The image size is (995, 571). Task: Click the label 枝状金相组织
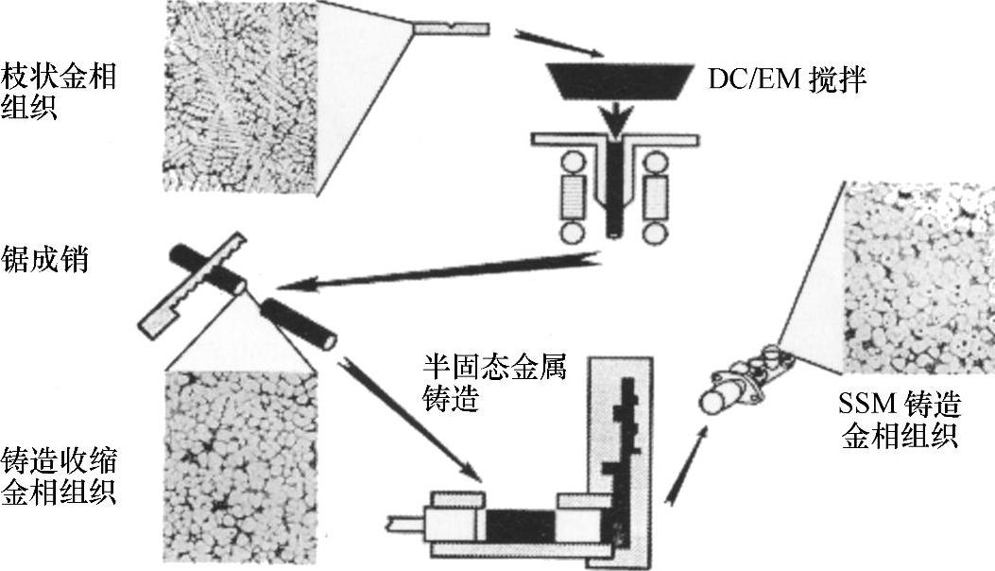pyautogui.click(x=59, y=91)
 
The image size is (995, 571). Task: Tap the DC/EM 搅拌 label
pyautogui.click(x=786, y=78)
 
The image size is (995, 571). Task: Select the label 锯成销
pyautogui.click(x=45, y=258)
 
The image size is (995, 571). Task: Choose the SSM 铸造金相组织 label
pyautogui.click(x=900, y=421)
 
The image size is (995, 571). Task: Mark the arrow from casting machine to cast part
pyautogui.click(x=686, y=464)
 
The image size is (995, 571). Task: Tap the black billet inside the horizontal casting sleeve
pyautogui.click(x=519, y=523)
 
